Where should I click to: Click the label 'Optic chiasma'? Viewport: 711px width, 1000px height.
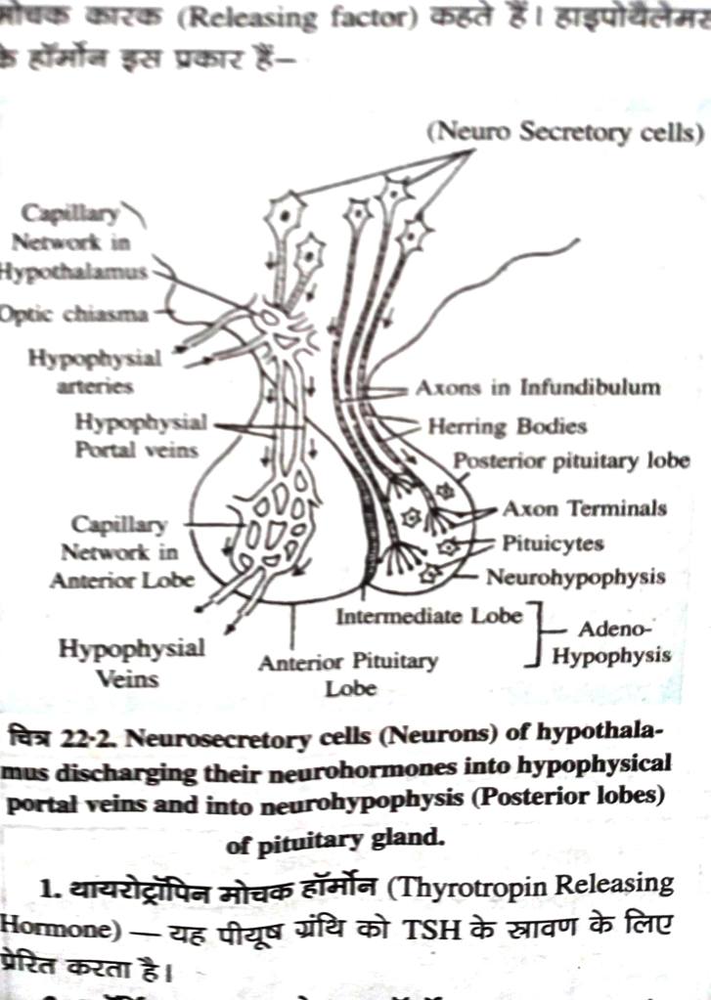click(x=73, y=315)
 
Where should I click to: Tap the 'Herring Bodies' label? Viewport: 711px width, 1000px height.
click(x=507, y=426)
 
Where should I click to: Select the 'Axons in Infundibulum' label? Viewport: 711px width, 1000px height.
click(x=537, y=387)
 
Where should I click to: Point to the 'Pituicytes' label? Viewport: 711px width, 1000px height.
click(x=553, y=543)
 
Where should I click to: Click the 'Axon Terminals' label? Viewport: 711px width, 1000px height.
click(x=584, y=508)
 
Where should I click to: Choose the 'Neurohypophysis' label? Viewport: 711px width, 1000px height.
click(x=575, y=577)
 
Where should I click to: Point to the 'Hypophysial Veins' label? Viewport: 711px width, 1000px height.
click(x=132, y=662)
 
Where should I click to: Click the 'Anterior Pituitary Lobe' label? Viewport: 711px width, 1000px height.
click(x=348, y=674)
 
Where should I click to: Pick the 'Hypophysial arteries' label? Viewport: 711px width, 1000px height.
click(x=94, y=371)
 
